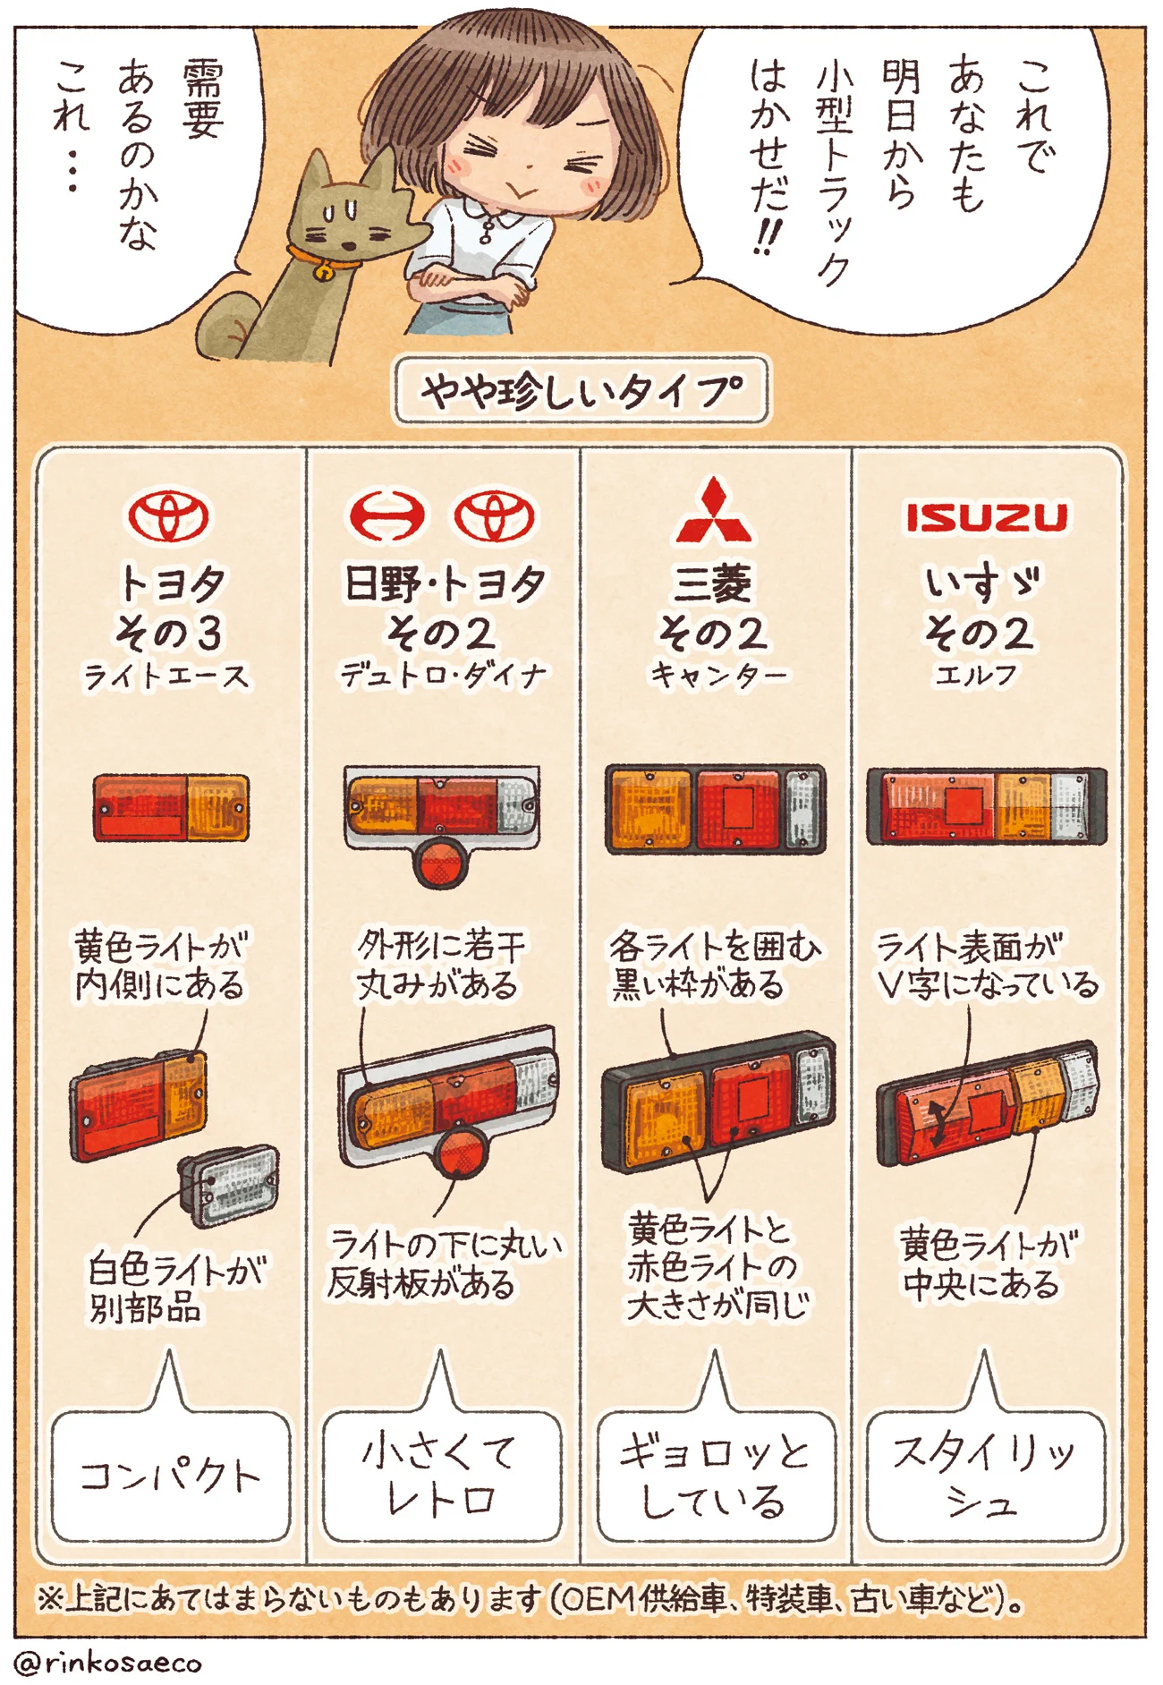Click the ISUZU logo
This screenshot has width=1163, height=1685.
coord(986,517)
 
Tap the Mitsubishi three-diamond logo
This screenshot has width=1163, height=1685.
coord(713,512)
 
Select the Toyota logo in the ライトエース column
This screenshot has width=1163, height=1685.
coord(168,516)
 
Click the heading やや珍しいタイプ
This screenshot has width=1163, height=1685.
coord(581,391)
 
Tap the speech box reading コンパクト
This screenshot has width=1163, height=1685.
coord(170,1476)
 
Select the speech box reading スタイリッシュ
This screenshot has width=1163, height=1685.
coord(985,1476)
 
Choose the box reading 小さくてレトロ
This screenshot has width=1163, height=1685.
coord(441,1476)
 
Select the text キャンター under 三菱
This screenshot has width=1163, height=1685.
coord(718,674)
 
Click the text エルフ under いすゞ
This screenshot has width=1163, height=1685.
coord(976,674)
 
